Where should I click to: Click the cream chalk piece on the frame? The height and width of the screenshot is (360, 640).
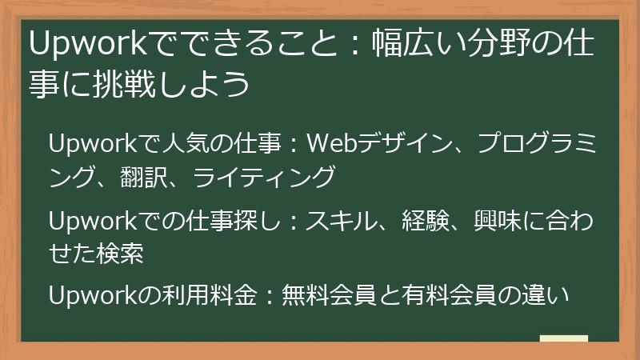(x=563, y=338)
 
